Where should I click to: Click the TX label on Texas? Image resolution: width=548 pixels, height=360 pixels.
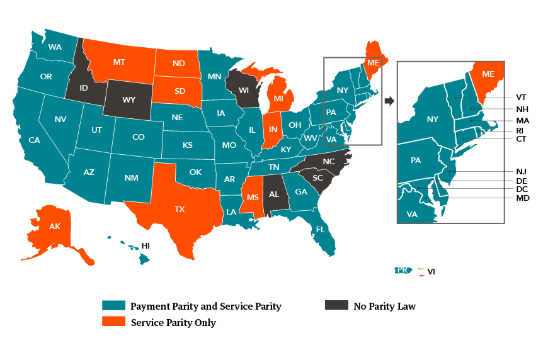coord(180,210)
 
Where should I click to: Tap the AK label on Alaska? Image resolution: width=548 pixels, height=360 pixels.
coord(55,227)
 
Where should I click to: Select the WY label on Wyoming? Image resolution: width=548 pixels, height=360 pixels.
coord(128,100)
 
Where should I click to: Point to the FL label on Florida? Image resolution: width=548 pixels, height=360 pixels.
coord(320,230)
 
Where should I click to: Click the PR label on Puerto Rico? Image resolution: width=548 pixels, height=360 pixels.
coord(402,270)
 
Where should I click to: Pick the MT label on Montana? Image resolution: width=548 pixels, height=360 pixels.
coord(119,62)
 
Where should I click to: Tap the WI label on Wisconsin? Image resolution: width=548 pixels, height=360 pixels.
coord(244,91)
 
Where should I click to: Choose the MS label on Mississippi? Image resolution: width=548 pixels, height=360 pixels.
coord(253,198)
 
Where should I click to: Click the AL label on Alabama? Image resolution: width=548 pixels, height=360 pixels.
coord(274,194)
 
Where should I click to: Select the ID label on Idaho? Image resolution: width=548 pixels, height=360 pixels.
coord(84,89)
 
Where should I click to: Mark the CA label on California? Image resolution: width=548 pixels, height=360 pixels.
coord(34,140)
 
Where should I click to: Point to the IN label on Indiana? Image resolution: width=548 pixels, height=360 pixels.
coord(273,130)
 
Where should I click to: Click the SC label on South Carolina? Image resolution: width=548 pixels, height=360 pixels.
coord(317,178)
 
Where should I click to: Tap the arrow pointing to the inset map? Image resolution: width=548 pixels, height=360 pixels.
coord(389,101)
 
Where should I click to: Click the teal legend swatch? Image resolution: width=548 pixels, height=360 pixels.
coord(113,305)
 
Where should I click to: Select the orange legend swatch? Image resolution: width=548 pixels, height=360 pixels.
coord(113,321)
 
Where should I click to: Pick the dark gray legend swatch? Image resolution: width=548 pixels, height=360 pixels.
coord(336,305)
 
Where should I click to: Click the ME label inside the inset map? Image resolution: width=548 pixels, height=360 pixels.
coord(488,74)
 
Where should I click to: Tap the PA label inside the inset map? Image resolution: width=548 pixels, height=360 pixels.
coord(416,160)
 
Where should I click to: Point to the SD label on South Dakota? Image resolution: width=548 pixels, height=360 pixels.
coord(180,91)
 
